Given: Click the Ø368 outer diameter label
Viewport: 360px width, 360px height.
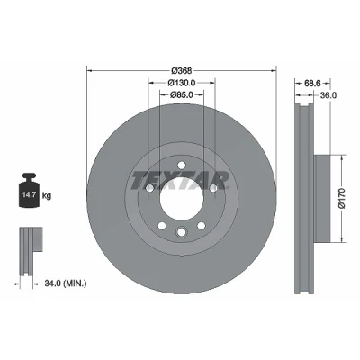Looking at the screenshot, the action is click(182, 71).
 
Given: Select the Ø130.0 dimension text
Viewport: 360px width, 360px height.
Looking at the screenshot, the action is click(182, 83).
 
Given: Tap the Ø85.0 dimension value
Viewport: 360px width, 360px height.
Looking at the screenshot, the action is click(181, 94).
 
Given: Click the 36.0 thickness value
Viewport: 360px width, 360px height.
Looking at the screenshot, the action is click(328, 95).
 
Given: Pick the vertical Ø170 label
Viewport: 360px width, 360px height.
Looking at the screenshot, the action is click(342, 198).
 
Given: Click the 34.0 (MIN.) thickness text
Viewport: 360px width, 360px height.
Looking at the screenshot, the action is click(66, 283).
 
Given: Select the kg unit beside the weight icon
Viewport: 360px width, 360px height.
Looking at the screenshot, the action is click(47, 196).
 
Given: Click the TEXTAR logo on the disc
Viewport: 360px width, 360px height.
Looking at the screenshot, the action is click(180, 181).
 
